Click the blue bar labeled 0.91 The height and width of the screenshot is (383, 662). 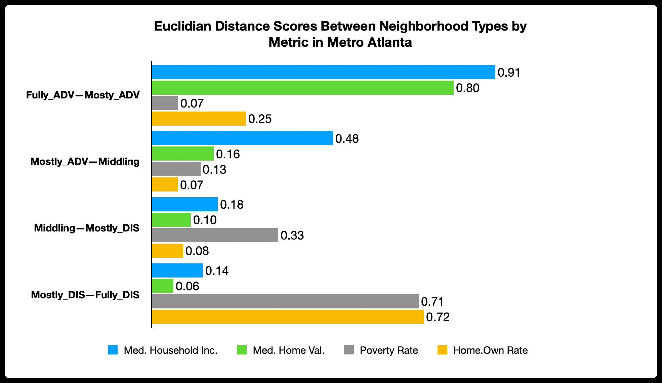pyautogui.click(x=323, y=72)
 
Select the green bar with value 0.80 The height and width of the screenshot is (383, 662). pyautogui.click(x=302, y=88)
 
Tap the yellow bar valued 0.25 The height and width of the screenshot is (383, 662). pyautogui.click(x=199, y=119)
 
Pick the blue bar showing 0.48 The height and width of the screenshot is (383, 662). pyautogui.click(x=242, y=138)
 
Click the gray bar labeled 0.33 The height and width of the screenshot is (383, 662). pyautogui.click(x=215, y=235)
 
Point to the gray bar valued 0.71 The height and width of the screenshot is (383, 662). pyautogui.click(x=285, y=301)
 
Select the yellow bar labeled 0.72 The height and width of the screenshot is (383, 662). pyautogui.click(x=288, y=317)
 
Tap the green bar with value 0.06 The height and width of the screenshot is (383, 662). pyautogui.click(x=163, y=286)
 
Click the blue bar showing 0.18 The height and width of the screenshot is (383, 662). pyautogui.click(x=185, y=204)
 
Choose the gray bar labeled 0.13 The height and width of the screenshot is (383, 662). pyautogui.click(x=176, y=169)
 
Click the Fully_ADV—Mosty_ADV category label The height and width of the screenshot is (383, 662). pyautogui.click(x=83, y=95)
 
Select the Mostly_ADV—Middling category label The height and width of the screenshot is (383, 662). pyautogui.click(x=85, y=162)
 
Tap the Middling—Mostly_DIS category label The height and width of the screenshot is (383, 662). pyautogui.click(x=87, y=228)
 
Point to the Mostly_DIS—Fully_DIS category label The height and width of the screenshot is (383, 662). pyautogui.click(x=85, y=295)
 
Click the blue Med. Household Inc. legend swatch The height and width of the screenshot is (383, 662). pyautogui.click(x=113, y=350)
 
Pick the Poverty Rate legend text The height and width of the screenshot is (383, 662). pyautogui.click(x=389, y=350)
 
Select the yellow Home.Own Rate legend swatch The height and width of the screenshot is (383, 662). pyautogui.click(x=442, y=350)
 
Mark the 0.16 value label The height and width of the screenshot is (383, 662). pyautogui.click(x=228, y=154)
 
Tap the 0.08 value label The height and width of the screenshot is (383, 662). pyautogui.click(x=197, y=251)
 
